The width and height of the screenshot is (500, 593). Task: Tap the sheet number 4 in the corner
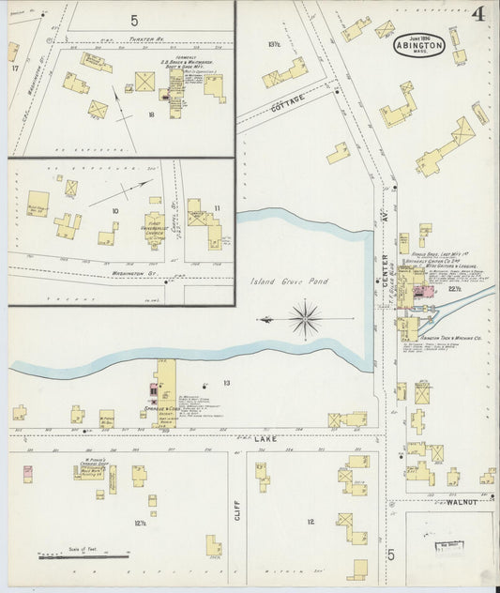click(478, 14)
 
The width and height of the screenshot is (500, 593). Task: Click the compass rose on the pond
click(306, 319)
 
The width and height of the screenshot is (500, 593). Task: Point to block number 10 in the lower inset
click(115, 212)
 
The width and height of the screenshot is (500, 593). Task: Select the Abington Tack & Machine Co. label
click(449, 337)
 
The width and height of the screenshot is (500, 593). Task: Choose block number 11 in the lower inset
click(217, 207)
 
